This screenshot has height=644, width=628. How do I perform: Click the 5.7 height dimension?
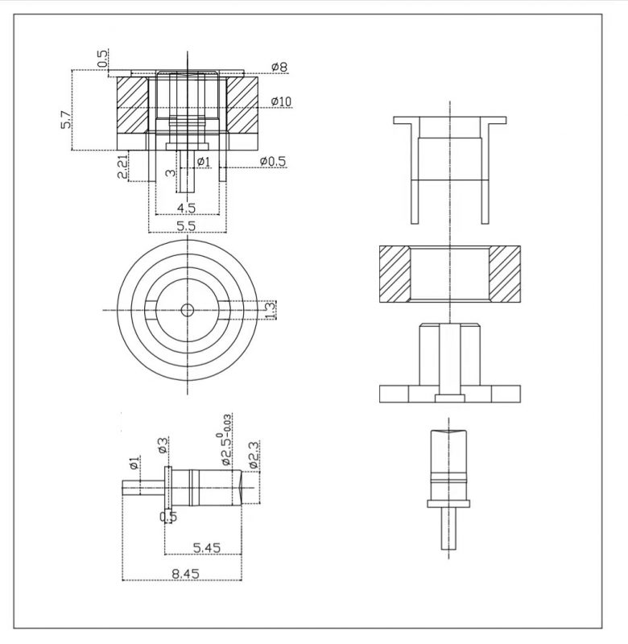(x=67, y=119)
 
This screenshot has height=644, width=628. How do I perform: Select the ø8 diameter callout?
(x=279, y=67)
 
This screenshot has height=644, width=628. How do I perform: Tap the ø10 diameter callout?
(x=281, y=101)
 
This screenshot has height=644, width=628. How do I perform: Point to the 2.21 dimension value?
(x=123, y=167)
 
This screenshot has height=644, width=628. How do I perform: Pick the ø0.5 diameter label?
(x=273, y=162)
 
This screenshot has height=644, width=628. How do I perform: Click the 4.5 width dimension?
(x=186, y=208)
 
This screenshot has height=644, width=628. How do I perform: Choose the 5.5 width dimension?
(x=186, y=226)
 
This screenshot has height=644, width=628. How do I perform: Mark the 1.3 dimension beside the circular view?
(x=271, y=310)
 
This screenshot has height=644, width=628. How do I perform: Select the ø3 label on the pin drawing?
(x=163, y=446)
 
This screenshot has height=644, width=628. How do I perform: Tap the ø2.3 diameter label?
(x=254, y=455)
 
